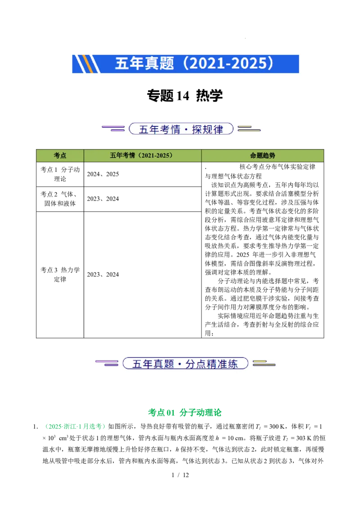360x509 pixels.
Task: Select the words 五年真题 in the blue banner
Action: (x=144, y=63)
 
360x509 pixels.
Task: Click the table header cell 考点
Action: (x=60, y=156)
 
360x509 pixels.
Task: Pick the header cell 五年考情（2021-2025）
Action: (x=142, y=156)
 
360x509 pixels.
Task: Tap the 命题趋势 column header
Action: (x=262, y=156)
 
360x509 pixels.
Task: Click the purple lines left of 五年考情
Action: (x=113, y=129)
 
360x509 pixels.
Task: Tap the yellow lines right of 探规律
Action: (x=249, y=129)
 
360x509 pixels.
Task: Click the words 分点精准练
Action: (x=211, y=364)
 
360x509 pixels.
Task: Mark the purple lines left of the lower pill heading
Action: (x=107, y=363)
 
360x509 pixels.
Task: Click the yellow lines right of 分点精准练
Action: (x=264, y=363)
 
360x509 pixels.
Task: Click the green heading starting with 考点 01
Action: (x=185, y=412)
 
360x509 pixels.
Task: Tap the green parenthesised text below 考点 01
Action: (x=75, y=426)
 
